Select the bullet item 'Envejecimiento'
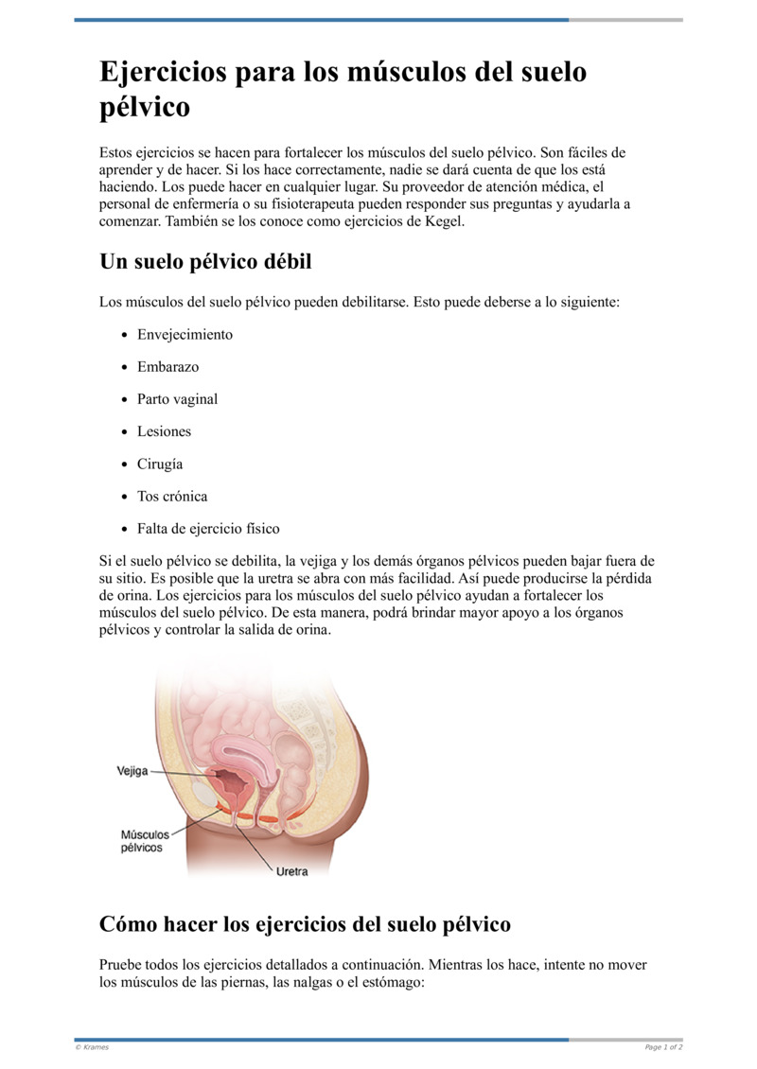[185, 335]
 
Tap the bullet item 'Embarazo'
[167, 367]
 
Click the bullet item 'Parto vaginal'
[177, 399]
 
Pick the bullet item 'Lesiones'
[164, 431]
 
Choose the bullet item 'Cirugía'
[160, 464]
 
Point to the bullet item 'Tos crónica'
[171, 497]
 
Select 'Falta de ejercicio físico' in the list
[208, 529]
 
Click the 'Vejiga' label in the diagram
[132, 771]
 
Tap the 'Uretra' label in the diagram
[291, 871]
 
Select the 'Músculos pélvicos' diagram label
[143, 841]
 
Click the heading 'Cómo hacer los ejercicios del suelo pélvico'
[305, 924]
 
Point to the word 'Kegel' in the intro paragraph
[440, 221]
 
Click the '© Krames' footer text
[92, 1047]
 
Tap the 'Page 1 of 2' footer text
[663, 1047]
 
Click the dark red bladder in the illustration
[233, 782]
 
